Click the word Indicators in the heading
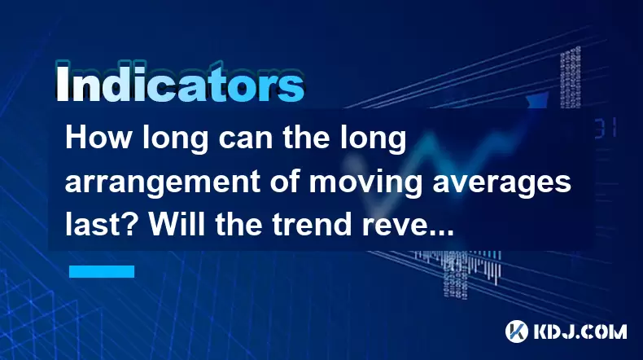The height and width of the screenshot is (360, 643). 180,82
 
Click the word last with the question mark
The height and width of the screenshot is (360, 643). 103,224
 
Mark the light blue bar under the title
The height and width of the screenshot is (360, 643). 102,271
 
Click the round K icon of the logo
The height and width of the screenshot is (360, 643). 516,331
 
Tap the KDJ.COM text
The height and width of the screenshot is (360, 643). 580,332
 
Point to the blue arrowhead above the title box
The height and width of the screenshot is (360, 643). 538,101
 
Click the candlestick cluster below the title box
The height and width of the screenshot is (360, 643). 459,267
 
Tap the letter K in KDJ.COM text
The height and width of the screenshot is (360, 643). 541,332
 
